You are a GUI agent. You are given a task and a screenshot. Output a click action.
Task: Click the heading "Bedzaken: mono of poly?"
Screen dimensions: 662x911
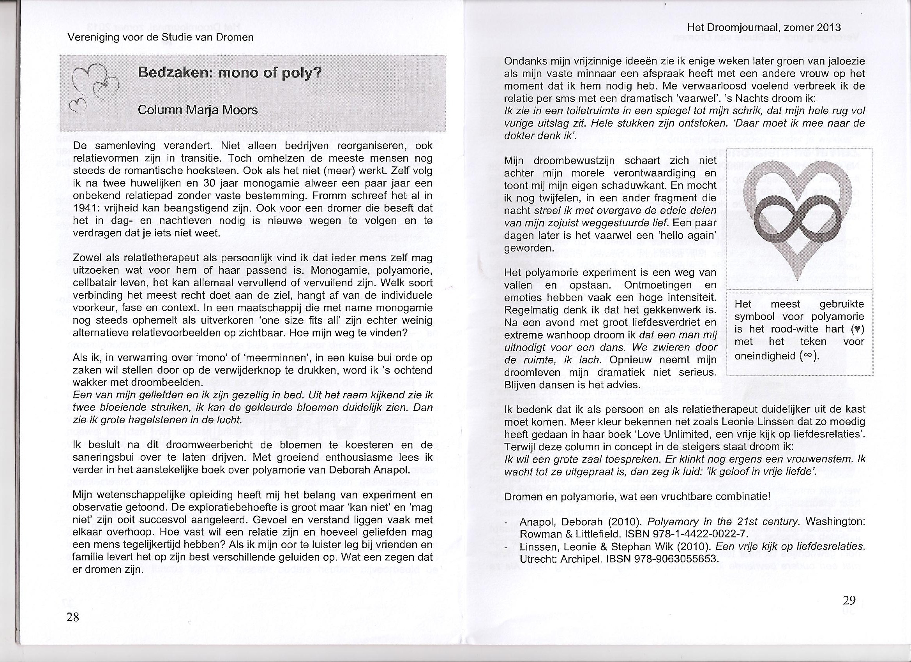[230, 74]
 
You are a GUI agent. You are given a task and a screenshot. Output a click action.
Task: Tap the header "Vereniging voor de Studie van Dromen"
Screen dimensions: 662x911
[161, 38]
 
